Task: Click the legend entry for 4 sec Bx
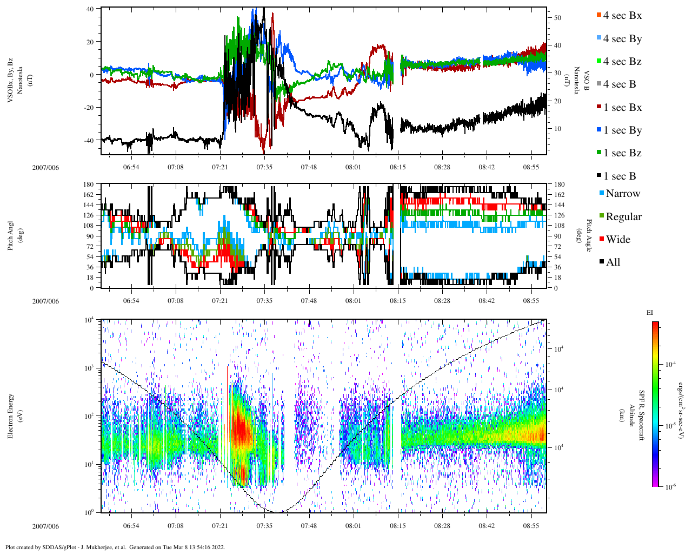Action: (x=622, y=16)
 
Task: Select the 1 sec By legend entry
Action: (x=622, y=130)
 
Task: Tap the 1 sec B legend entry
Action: (x=619, y=176)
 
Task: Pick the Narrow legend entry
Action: (x=622, y=194)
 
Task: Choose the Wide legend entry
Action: (x=617, y=240)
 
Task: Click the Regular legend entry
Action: (x=623, y=217)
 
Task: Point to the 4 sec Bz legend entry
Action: (x=622, y=62)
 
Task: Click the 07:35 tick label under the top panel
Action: (x=264, y=167)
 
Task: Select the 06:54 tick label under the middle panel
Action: (x=131, y=301)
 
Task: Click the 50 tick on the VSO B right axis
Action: (x=557, y=18)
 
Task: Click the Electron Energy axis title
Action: (x=10, y=415)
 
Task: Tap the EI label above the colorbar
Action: (x=650, y=313)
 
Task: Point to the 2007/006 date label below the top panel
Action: (x=45, y=167)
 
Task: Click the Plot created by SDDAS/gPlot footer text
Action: (x=115, y=547)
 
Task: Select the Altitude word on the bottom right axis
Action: (x=631, y=415)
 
